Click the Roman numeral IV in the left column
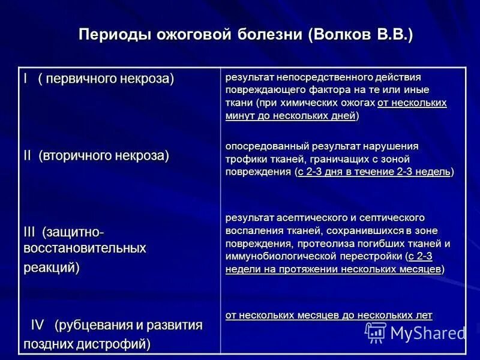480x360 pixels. (x=38, y=325)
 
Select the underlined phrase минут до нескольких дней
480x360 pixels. (x=290, y=116)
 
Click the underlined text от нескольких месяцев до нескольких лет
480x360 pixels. (x=329, y=315)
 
